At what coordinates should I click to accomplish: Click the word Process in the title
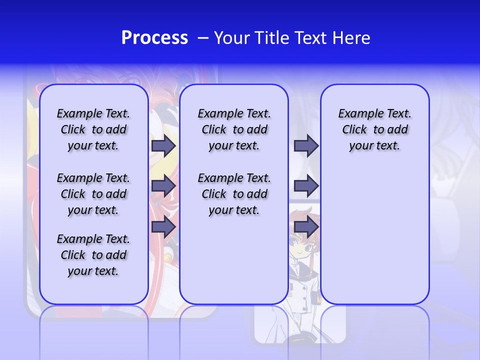pos(154,38)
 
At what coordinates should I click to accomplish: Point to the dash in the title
pos(202,38)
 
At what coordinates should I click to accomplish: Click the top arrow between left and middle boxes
pos(163,146)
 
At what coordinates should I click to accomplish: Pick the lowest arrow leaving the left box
pos(163,227)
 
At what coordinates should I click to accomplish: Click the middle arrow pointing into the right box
pos(306,186)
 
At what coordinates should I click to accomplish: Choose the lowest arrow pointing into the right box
pos(306,227)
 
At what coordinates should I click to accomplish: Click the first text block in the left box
pos(93,129)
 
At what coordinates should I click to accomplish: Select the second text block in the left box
pos(93,194)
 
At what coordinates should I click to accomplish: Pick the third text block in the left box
pos(93,255)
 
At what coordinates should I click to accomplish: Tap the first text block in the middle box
pos(234,129)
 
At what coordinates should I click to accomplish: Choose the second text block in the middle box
pos(234,194)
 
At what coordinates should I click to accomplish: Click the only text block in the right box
pos(374,129)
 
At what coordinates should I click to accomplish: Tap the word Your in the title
pos(233,38)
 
